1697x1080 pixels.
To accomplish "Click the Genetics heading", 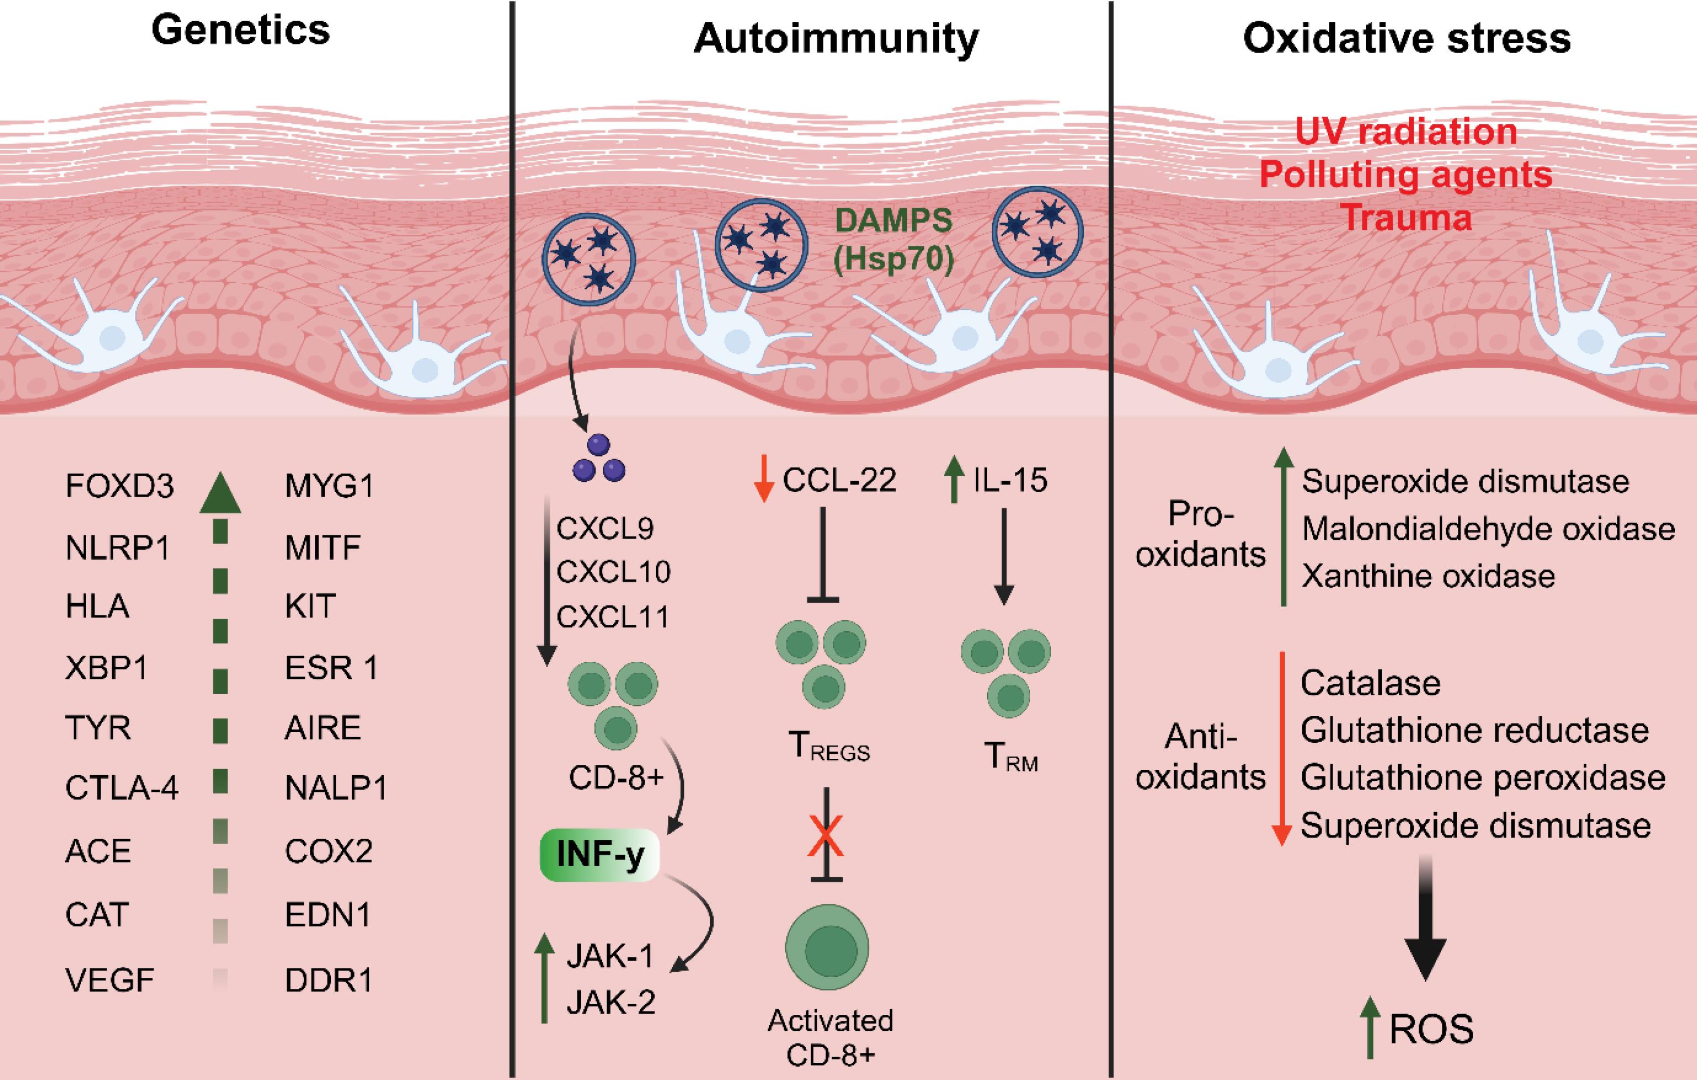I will pyautogui.click(x=240, y=31).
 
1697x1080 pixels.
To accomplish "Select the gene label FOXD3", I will pyautogui.click(x=119, y=486).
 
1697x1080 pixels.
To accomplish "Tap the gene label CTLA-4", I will pyautogui.click(x=121, y=788).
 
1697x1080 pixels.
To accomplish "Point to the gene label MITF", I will pyautogui.click(x=322, y=547).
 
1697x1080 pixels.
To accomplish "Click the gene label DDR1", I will pyautogui.click(x=328, y=980).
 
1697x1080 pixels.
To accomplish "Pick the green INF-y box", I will pyautogui.click(x=600, y=855).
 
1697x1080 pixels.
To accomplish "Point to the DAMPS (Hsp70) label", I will pyautogui.click(x=894, y=240).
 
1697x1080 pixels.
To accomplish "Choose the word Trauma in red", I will pyautogui.click(x=1407, y=218).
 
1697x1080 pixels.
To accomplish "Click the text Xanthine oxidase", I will pyautogui.click(x=1428, y=576).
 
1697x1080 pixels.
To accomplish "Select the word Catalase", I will pyautogui.click(x=1370, y=683).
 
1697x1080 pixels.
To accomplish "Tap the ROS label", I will pyautogui.click(x=1431, y=1029).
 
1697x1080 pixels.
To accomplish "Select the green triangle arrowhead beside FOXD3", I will pyautogui.click(x=220, y=493).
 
